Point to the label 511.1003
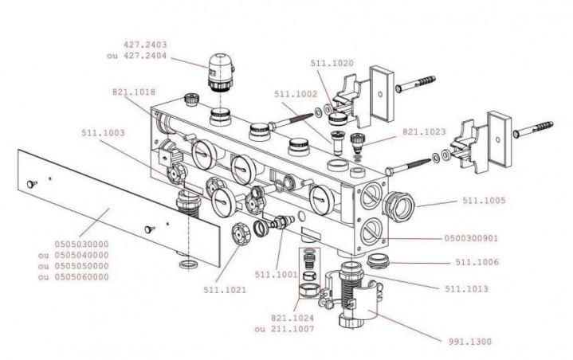(x=102, y=134)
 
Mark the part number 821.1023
(x=424, y=132)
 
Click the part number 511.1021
(x=225, y=290)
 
